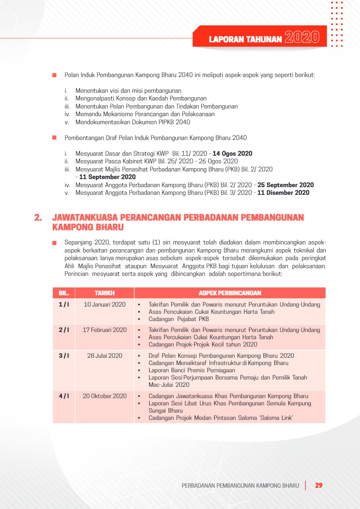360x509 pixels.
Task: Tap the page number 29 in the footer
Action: pyautogui.click(x=318, y=485)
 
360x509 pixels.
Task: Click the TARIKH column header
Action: pyautogui.click(x=105, y=293)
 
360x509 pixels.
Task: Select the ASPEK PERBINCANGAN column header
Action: pyautogui.click(x=230, y=293)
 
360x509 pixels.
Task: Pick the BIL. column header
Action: pyautogui.click(x=64, y=293)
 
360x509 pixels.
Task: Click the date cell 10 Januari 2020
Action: pyautogui.click(x=105, y=305)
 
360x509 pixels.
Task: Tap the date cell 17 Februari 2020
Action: pyautogui.click(x=105, y=330)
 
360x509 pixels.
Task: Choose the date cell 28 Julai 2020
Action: pyautogui.click(x=105, y=356)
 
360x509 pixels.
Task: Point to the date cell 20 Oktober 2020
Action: pyautogui.click(x=105, y=396)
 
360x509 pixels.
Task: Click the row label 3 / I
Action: pyautogui.click(x=64, y=356)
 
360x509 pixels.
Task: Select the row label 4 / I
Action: pyautogui.click(x=64, y=396)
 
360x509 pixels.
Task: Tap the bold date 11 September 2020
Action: pyautogui.click(x=107, y=177)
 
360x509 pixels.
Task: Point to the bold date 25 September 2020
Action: pyautogui.click(x=285, y=185)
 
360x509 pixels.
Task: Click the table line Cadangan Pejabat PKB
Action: pyautogui.click(x=178, y=319)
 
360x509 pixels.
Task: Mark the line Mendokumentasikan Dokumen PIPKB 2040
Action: pyautogui.click(x=133, y=122)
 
